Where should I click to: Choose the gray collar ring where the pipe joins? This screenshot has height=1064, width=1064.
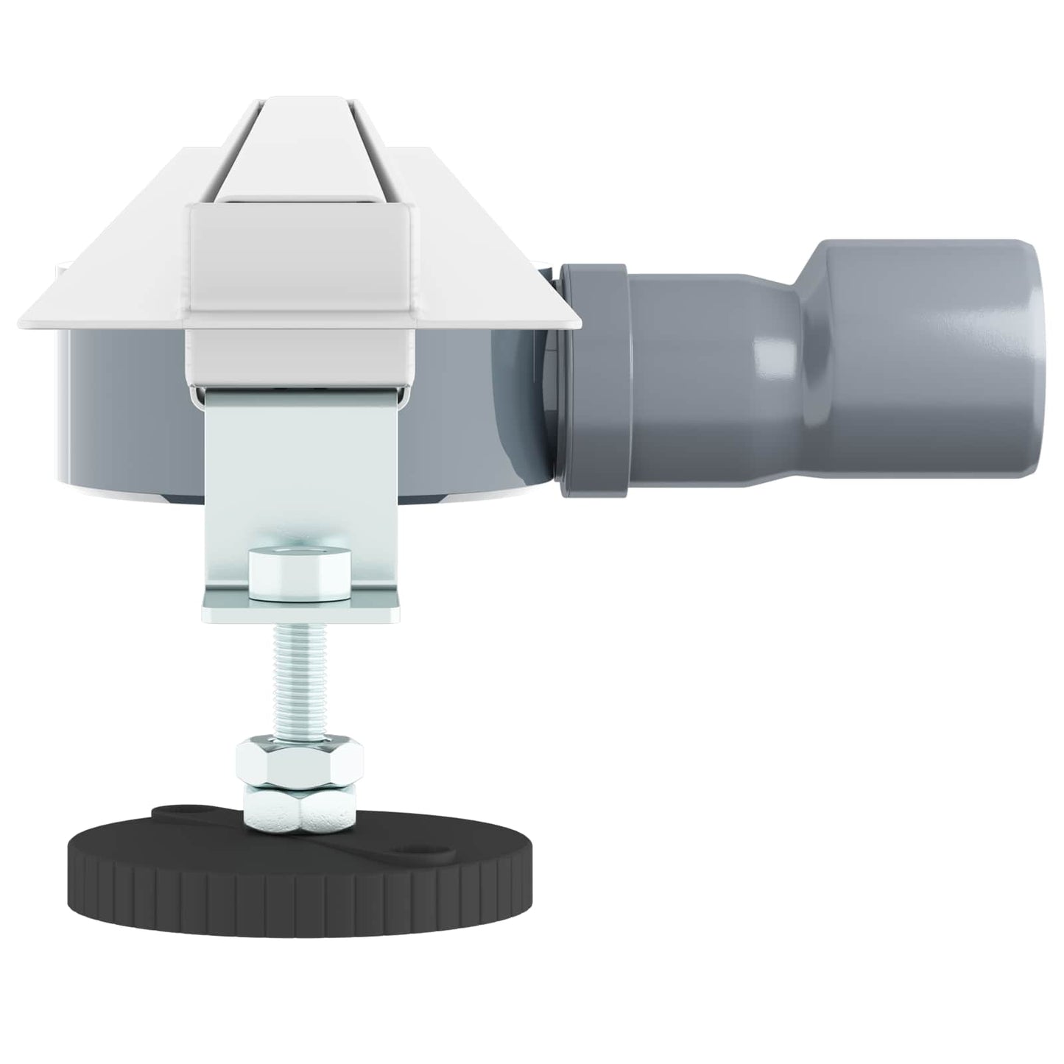[x=593, y=383]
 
